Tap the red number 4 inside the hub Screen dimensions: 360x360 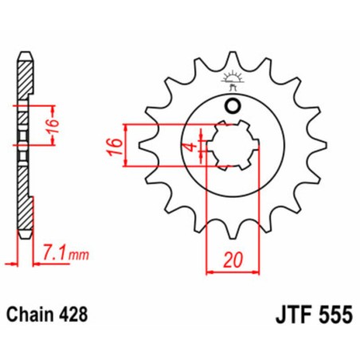pos(189,147)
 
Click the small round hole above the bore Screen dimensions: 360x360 pos(233,108)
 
